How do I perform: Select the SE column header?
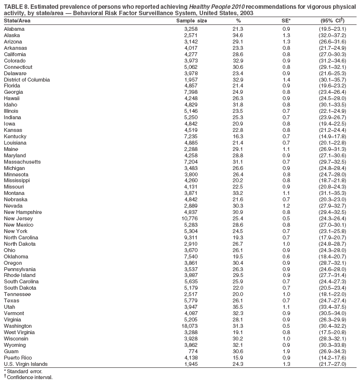pyautogui.click(x=286, y=21)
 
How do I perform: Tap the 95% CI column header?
pyautogui.click(x=332, y=21)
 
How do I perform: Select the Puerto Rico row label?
pyautogui.click(x=18, y=358)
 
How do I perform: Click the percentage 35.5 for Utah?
pyautogui.click(x=238, y=306)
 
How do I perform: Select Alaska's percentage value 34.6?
pyautogui.click(x=238, y=36)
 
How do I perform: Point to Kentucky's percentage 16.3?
pyautogui.click(x=238, y=136)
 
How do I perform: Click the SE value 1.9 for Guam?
pyautogui.click(x=286, y=351)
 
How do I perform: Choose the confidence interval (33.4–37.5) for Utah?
pyautogui.click(x=332, y=306)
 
